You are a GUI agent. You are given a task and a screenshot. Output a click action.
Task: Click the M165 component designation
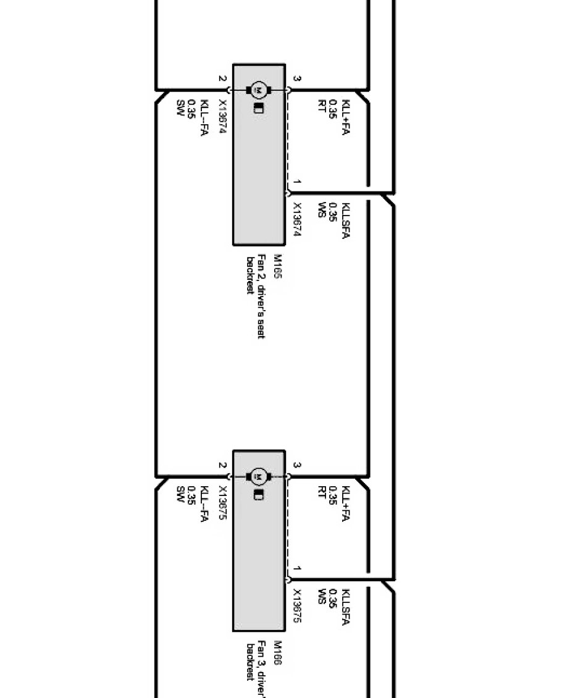pos(277,267)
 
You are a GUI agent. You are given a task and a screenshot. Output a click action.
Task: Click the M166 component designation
pos(277,653)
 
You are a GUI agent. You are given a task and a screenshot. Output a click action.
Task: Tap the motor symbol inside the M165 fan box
pos(259,91)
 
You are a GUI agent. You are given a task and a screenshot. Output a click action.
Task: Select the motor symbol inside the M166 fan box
pos(259,476)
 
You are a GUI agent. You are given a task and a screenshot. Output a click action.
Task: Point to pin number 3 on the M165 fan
pos(297,79)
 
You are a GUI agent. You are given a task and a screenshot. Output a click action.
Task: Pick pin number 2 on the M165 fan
pos(222,79)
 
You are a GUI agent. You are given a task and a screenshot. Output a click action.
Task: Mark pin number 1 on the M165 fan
pos(297,182)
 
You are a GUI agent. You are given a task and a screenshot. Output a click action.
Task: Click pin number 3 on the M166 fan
pos(297,465)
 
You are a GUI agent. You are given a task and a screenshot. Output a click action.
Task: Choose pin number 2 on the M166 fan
pos(222,465)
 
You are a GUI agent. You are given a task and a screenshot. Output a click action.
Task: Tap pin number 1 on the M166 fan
pos(297,568)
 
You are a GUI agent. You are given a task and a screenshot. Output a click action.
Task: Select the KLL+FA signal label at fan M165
pos(346,117)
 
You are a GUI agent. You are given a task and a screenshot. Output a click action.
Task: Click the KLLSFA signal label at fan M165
pos(346,221)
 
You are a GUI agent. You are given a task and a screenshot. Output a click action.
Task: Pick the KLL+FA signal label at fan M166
pos(346,503)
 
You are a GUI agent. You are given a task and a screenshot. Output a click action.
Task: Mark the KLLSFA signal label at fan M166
pos(346,607)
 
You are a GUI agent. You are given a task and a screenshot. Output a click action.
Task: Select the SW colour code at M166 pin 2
pos(180,494)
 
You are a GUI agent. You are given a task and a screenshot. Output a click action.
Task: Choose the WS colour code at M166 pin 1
pos(321,597)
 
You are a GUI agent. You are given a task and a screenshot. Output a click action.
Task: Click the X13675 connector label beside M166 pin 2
pos(222,503)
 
